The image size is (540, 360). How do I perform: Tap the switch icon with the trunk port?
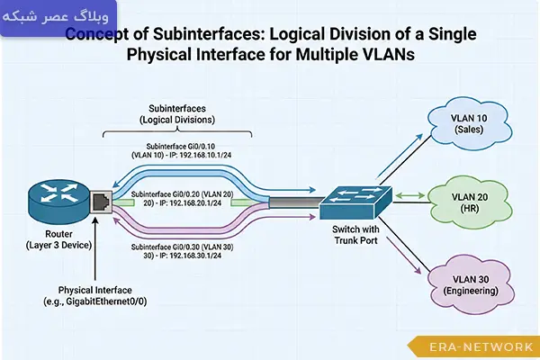coord(354,199)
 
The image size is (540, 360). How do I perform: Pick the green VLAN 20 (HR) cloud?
coord(469,199)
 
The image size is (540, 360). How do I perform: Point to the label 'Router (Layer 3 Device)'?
coord(51,239)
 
